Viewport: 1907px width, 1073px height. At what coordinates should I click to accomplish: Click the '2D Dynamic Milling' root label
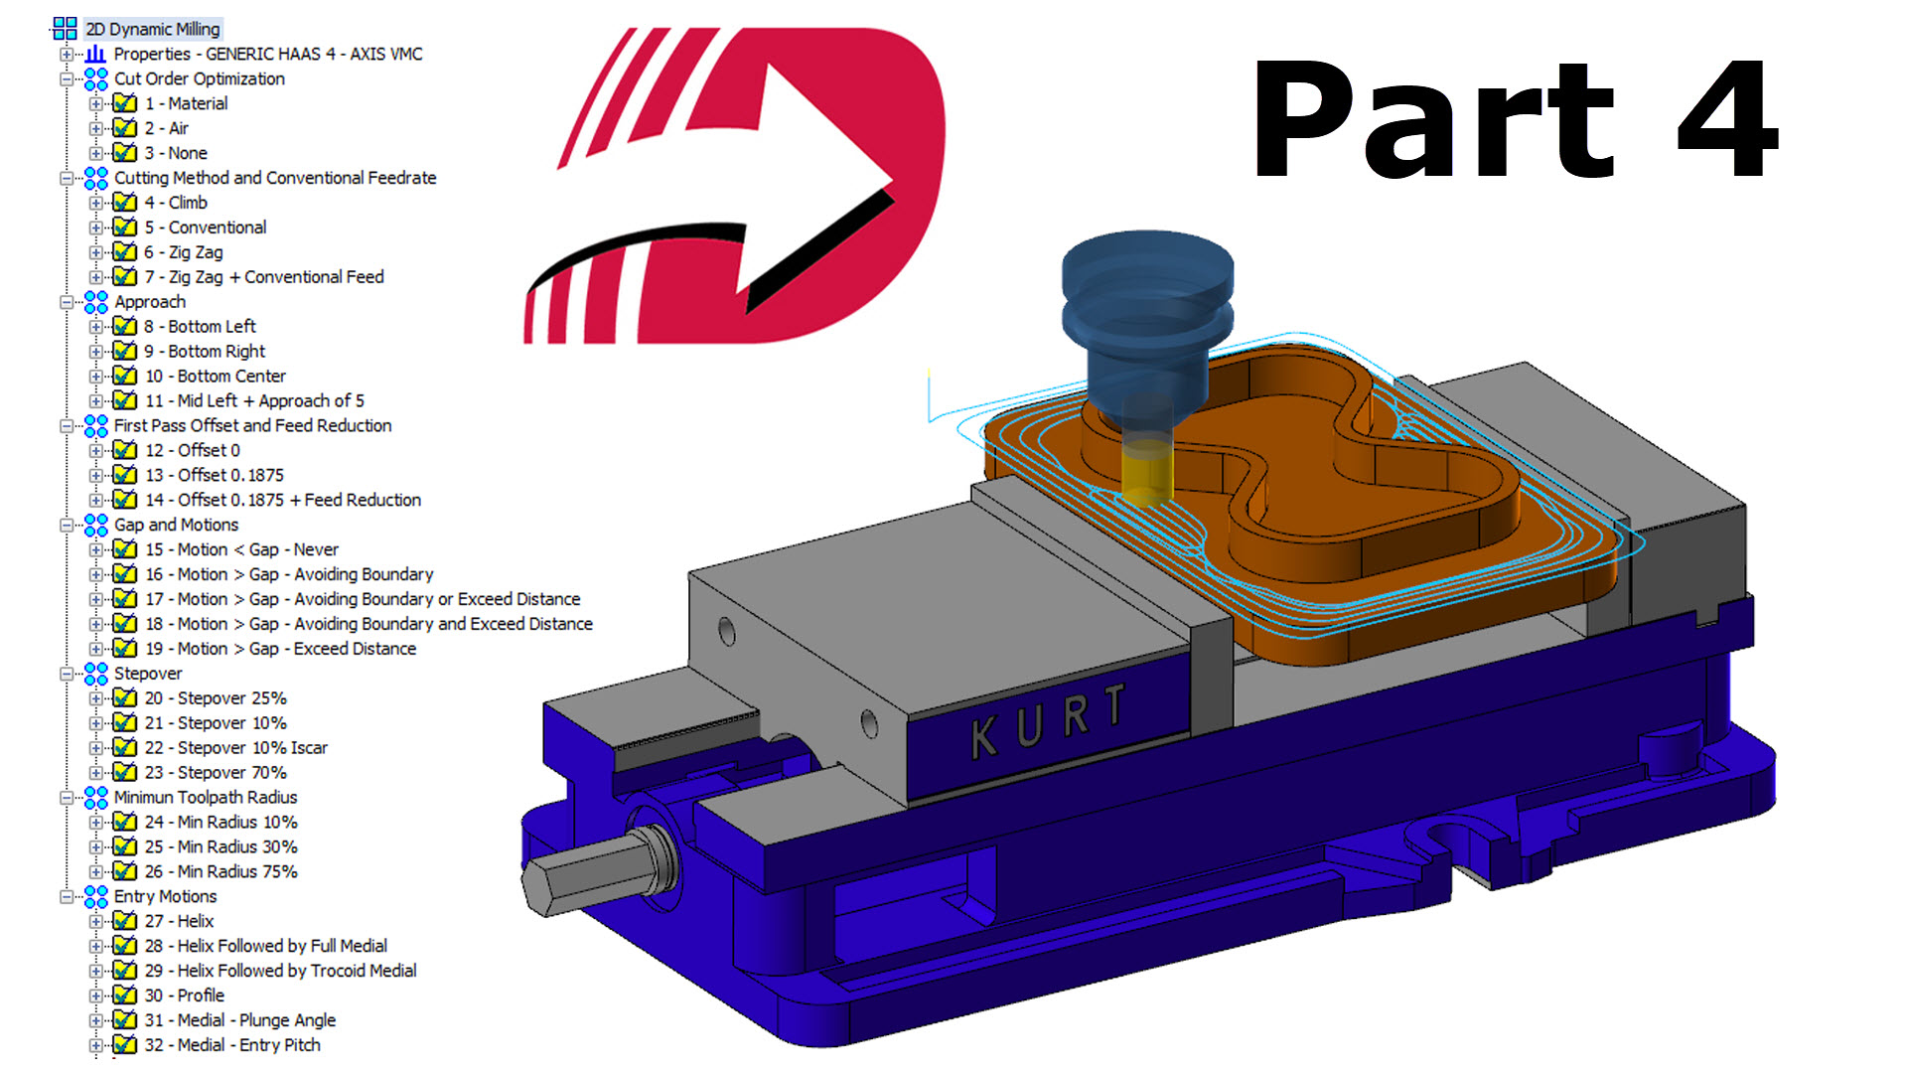click(152, 29)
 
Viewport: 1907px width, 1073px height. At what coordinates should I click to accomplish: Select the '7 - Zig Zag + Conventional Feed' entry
click(264, 277)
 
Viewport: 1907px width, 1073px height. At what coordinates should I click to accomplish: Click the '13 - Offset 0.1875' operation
click(215, 475)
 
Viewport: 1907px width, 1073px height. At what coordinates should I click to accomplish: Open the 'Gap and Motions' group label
click(176, 525)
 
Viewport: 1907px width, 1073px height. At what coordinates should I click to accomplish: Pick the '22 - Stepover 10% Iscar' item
click(236, 748)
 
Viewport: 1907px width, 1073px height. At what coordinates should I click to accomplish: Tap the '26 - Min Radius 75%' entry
click(220, 871)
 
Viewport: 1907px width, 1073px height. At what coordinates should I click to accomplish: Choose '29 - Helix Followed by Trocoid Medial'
click(281, 971)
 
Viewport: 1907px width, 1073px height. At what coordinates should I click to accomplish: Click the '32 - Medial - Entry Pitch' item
click(232, 1045)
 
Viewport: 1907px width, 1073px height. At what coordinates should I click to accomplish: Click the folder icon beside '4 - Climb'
click(124, 203)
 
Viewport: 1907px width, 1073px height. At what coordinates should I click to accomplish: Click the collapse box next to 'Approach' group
click(67, 302)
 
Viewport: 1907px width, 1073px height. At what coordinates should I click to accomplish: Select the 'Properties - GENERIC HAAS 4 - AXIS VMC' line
click(267, 54)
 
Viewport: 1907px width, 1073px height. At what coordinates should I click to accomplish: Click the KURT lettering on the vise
click(1048, 720)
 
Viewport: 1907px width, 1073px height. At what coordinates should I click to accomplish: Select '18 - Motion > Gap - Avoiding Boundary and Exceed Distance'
click(368, 624)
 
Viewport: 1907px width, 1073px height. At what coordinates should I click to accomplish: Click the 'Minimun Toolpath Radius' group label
click(205, 797)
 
